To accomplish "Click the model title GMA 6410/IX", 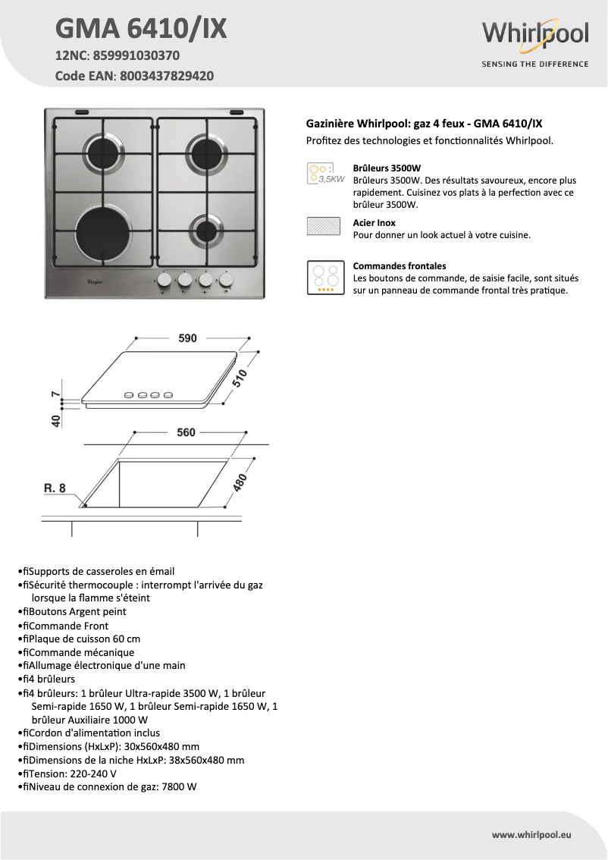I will [x=141, y=29].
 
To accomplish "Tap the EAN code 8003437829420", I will [x=164, y=76].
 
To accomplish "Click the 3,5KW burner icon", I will [x=324, y=174].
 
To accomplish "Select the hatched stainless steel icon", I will [x=324, y=228].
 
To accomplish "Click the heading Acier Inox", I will [x=374, y=223].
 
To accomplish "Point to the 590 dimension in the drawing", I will [x=187, y=339].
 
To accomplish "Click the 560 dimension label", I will [x=186, y=432].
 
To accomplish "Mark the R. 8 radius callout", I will [x=55, y=488].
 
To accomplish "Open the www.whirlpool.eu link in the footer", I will [x=531, y=834].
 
